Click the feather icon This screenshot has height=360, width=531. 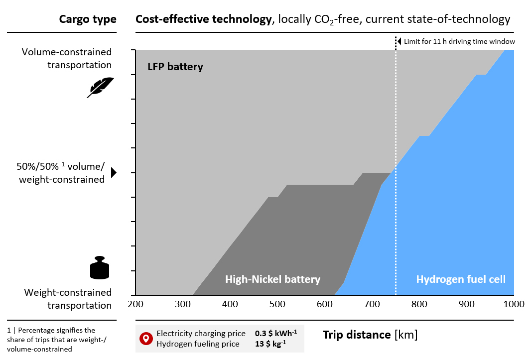101,87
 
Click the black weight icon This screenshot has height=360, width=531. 100,268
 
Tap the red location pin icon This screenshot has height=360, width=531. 145,339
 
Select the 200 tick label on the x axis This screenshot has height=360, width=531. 135,304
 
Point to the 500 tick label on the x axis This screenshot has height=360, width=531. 277,304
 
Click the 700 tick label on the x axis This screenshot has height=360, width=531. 372,304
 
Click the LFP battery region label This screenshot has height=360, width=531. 175,67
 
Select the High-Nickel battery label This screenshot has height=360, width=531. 272,279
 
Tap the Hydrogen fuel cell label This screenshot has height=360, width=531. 461,279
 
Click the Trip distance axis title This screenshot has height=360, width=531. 370,335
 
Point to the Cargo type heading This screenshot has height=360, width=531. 88,19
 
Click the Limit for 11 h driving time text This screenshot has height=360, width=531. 459,42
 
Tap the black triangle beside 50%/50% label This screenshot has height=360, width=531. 114,173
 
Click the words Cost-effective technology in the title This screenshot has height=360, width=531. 203,19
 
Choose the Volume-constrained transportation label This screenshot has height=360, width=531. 67,58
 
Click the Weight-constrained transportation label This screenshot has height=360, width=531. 68,299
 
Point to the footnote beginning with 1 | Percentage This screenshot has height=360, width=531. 51,340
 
